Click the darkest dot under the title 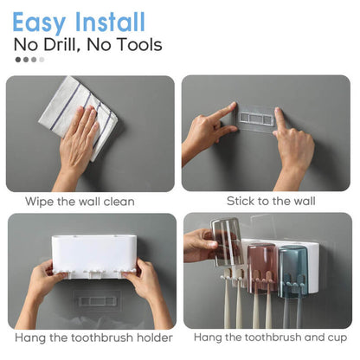[19, 60]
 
